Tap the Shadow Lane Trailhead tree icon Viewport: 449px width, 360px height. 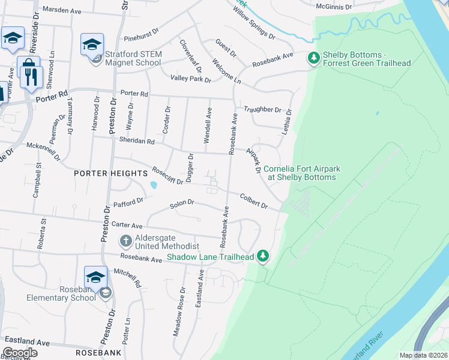point(262,256)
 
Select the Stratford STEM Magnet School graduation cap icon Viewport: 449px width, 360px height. point(92,45)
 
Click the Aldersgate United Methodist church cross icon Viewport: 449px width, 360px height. point(125,241)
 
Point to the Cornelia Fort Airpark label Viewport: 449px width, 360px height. point(301,173)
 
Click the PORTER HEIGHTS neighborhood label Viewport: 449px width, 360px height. point(109,173)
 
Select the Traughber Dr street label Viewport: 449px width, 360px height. point(262,110)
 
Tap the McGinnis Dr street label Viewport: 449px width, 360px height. point(334,6)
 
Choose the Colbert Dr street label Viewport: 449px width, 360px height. point(253,200)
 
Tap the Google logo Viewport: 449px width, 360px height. point(20,353)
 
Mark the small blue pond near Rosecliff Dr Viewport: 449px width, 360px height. point(154,185)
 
